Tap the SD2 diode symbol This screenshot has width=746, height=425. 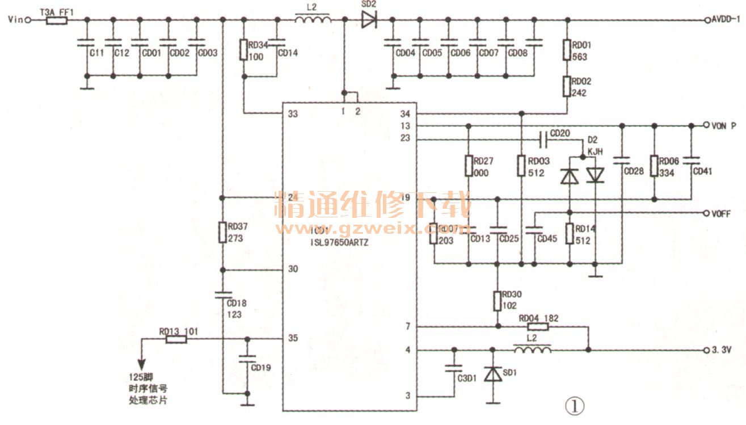pos(369,20)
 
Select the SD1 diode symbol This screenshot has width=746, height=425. pos(492,374)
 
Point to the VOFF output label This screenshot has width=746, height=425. pos(720,213)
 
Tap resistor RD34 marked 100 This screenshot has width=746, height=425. pos(243,50)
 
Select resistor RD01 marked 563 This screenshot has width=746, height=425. pos(567,49)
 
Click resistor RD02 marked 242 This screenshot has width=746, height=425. pos(567,86)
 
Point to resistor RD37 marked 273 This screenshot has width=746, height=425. pos(222,232)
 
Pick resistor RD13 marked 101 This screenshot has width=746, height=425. pos(176,339)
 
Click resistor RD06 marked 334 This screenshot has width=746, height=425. pos(654,166)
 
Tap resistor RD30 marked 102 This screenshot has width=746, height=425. pos(498,299)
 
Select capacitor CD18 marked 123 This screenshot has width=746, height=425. pos(222,294)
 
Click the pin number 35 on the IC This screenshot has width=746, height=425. pos(293,339)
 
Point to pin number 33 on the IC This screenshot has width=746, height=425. pos(293,114)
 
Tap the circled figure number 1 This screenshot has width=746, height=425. pos(574,405)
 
